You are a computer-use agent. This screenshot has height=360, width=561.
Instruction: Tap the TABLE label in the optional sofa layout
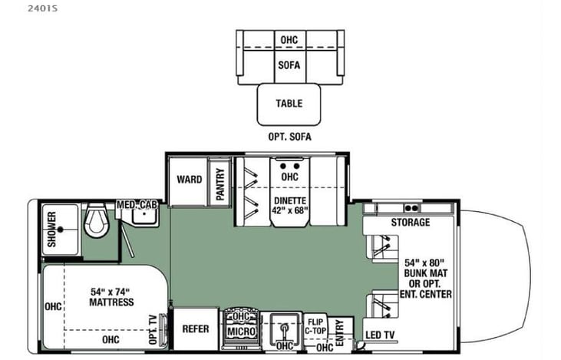tap(289, 104)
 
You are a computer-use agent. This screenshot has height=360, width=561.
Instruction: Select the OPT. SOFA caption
tap(289, 137)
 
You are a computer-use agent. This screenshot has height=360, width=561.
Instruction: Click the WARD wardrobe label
tap(189, 180)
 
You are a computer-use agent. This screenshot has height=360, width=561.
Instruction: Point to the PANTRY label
tap(220, 184)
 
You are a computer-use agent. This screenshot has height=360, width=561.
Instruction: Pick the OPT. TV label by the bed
tap(152, 329)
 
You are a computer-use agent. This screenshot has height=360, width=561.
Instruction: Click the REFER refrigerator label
tap(196, 329)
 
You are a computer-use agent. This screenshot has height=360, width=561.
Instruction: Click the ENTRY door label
tap(339, 329)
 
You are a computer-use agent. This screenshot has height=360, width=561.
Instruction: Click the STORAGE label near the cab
tap(410, 223)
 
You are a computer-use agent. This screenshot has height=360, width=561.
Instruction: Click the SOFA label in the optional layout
tap(289, 66)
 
